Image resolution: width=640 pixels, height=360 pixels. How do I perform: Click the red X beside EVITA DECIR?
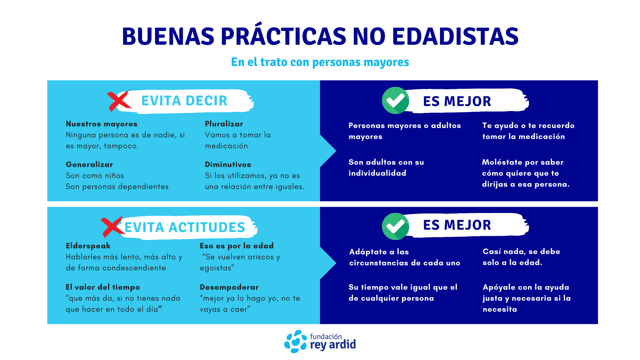pyautogui.click(x=119, y=101)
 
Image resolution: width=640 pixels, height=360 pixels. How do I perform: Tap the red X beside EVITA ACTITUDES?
pyautogui.click(x=113, y=227)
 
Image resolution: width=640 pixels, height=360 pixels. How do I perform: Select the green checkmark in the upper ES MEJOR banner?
pyautogui.click(x=396, y=100)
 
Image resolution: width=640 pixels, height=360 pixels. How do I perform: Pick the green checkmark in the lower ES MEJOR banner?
pyautogui.click(x=396, y=226)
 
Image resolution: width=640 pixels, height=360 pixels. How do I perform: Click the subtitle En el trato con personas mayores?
pyautogui.click(x=320, y=62)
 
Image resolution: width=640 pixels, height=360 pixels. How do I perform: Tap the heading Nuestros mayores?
pyautogui.click(x=102, y=124)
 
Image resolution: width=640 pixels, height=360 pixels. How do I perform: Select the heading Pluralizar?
pyautogui.click(x=224, y=124)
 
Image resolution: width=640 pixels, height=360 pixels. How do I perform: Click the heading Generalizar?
pyautogui.click(x=89, y=164)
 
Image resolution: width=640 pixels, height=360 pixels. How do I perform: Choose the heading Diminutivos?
pyautogui.click(x=228, y=164)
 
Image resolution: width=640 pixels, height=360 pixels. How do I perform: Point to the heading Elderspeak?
pyautogui.click(x=88, y=246)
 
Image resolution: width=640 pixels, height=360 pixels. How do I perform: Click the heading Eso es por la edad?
pyautogui.click(x=237, y=246)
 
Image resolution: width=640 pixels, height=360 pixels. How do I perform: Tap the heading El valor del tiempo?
pyautogui.click(x=103, y=287)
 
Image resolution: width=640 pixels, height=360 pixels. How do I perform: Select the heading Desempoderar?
pyautogui.click(x=229, y=287)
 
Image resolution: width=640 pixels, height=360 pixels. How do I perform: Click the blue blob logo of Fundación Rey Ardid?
pyautogui.click(x=295, y=341)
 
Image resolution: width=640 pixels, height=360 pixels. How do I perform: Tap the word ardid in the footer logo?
pyautogui.click(x=342, y=344)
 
